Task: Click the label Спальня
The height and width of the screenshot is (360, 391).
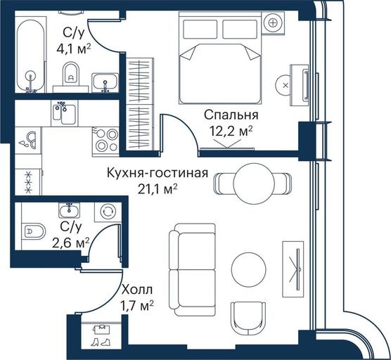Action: coord(231,115)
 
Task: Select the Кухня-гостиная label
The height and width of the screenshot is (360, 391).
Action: coord(158,173)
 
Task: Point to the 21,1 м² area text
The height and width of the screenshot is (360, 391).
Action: coord(158,189)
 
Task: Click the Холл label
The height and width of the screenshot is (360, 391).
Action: coord(137,290)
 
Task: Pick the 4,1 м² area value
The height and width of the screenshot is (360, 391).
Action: coord(74,49)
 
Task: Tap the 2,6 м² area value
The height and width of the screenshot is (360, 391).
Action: coord(70,243)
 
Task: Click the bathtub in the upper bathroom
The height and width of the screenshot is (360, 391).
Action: coord(31,56)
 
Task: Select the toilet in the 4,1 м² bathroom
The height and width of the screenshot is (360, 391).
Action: coord(71,75)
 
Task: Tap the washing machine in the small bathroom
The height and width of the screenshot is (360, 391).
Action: coord(108,212)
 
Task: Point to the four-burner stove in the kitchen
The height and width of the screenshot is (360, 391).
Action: coord(105,141)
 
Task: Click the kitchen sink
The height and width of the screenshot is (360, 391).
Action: coord(64,113)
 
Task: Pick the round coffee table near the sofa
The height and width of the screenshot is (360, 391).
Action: coord(249,269)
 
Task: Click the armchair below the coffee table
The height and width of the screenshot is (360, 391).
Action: coord(248,319)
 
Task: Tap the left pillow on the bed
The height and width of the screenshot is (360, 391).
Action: coord(200,30)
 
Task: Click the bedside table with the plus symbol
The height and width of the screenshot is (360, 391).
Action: coord(274,23)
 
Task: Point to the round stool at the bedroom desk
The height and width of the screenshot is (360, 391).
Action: coord(284,85)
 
